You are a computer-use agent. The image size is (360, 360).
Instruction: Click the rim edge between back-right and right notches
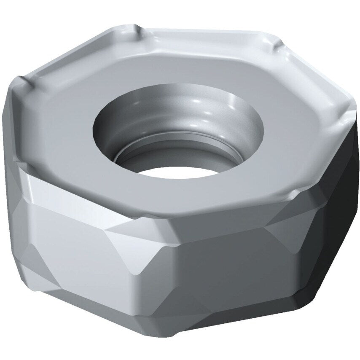tap(312, 76)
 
